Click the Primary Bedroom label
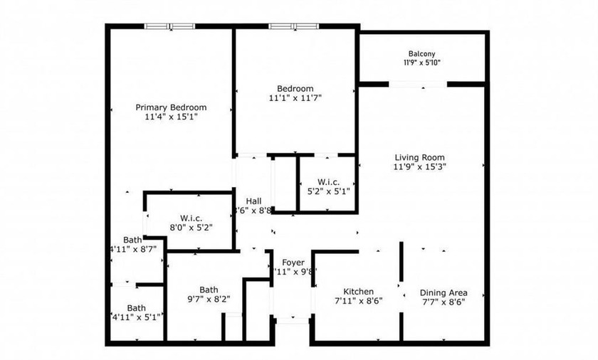coord(171,107)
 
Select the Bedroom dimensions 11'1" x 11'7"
coord(295,98)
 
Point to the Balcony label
coord(421,53)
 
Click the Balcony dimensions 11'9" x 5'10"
coord(421,63)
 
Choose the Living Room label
coord(420,157)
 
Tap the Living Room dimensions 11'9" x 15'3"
coord(420,167)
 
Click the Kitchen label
coord(359,292)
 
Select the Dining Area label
coord(443,292)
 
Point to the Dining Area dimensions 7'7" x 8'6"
coord(443,302)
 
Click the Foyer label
coord(293,262)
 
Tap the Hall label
coord(254,201)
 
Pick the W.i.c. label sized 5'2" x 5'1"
coord(328,181)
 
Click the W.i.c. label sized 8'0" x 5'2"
coord(192,218)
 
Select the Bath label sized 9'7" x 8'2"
coord(209,290)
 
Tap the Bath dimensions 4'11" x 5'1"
coord(137,317)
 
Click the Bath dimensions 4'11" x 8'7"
coord(137,250)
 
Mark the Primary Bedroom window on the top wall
coord(169,27)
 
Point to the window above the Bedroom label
coord(293,27)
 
